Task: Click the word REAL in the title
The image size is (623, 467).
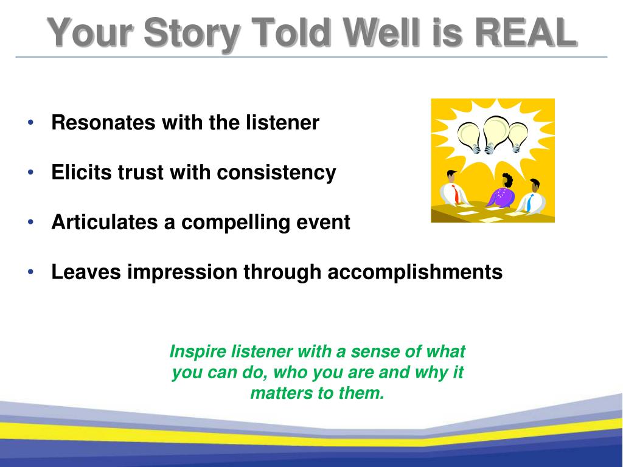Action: coord(526,32)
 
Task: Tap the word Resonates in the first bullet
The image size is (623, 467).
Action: coord(103,122)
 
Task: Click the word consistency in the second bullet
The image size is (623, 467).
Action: coord(277,172)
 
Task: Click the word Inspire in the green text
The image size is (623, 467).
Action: coord(198,352)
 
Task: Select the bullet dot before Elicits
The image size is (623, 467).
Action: coord(31,172)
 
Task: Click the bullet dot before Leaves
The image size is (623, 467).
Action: coord(31,272)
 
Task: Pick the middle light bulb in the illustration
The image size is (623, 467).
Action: coord(495,134)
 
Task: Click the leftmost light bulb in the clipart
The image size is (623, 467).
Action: coord(470,137)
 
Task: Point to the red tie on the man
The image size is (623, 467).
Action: coord(456,195)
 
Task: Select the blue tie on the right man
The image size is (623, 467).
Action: coord(529,202)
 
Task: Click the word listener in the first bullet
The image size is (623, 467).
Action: coord(282,122)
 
